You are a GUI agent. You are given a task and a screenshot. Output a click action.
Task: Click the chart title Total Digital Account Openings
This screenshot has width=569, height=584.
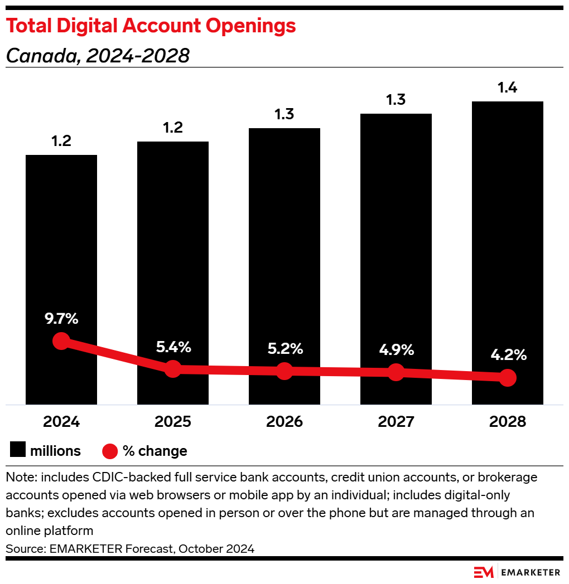click(151, 26)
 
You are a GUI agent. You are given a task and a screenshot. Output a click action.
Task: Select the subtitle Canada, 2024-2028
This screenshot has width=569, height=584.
click(98, 56)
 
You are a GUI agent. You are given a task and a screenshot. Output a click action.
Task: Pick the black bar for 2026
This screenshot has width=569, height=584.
click(284, 234)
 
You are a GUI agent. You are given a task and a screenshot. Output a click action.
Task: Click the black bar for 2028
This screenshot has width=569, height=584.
click(508, 223)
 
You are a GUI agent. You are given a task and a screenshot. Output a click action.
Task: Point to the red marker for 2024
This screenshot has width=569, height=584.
click(61, 341)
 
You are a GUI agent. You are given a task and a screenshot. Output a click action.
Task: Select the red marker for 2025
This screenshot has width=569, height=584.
click(173, 368)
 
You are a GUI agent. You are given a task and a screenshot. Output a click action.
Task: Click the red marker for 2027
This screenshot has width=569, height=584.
click(396, 372)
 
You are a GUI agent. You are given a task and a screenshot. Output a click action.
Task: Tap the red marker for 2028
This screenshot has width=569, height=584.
click(507, 378)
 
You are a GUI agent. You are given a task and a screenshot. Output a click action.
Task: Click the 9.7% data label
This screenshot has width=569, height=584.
click(61, 319)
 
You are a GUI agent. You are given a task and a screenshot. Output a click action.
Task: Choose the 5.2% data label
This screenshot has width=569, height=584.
click(284, 349)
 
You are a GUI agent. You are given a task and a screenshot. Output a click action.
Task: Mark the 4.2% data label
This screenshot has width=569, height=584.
click(508, 355)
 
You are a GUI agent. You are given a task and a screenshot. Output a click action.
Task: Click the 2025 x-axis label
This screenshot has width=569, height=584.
click(173, 422)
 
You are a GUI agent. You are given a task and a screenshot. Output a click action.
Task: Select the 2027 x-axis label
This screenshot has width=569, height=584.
click(396, 422)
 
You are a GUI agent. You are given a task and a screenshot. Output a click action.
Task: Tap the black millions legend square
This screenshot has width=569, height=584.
click(18, 451)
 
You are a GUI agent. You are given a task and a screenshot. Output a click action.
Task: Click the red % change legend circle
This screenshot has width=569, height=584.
click(110, 451)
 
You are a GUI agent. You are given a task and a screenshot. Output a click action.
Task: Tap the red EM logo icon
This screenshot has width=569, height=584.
click(483, 572)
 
